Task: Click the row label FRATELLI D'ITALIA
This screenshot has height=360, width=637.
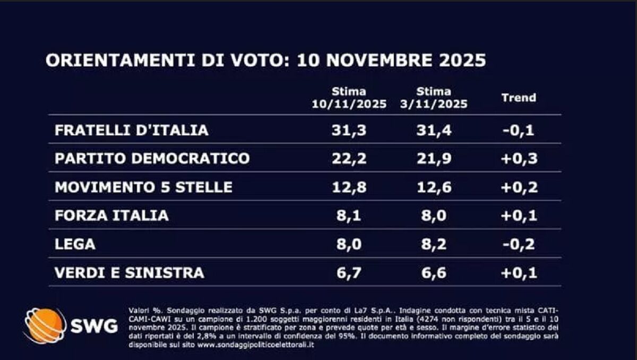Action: (x=132, y=130)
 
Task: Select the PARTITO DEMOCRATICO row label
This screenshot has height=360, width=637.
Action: (x=152, y=158)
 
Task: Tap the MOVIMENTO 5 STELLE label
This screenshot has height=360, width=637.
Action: (x=144, y=187)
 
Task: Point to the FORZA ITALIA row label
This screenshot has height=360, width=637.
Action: (x=111, y=215)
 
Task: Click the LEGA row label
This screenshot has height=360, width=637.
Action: (x=75, y=244)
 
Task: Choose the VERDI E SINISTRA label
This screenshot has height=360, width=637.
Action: (x=130, y=273)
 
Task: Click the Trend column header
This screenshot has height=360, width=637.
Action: (x=519, y=98)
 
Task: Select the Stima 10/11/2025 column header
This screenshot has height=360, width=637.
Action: (x=349, y=98)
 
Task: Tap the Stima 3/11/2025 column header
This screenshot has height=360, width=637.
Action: (x=434, y=98)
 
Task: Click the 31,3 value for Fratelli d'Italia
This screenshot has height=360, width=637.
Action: (x=349, y=131)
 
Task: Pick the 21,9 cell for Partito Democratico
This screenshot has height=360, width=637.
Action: (x=434, y=159)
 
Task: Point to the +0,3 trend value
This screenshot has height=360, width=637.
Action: (x=519, y=159)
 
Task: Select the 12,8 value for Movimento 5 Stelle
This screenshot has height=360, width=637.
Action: (x=349, y=187)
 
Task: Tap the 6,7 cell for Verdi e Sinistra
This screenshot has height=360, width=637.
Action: (x=349, y=273)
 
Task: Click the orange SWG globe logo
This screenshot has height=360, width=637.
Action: (x=45, y=325)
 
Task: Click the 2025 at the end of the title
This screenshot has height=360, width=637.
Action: (x=462, y=61)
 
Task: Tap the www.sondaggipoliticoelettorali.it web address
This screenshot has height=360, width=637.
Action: (x=256, y=345)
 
